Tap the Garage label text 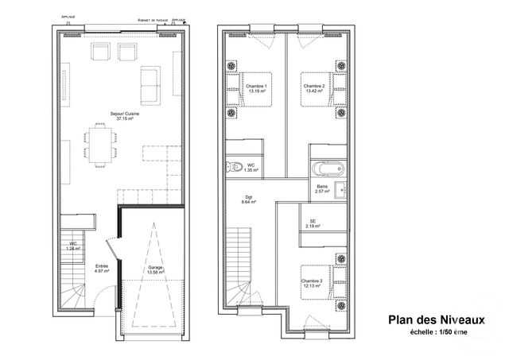click(x=155, y=267)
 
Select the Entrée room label click(x=102, y=266)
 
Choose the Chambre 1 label click(x=255, y=86)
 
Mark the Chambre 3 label click(x=311, y=281)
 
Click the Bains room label click(x=322, y=186)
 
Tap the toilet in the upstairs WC click(x=235, y=167)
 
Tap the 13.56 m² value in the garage click(x=155, y=273)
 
